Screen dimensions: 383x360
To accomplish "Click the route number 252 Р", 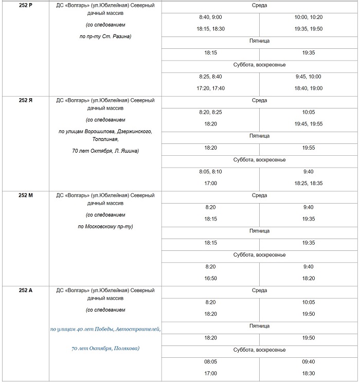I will point(26,5).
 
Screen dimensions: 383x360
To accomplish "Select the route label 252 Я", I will point(26,100).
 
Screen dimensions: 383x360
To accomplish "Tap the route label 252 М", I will point(26,195).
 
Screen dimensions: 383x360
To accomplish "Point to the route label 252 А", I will point(26,290).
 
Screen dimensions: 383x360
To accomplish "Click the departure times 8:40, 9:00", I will point(210,17).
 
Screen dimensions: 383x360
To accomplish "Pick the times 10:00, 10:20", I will point(309,17).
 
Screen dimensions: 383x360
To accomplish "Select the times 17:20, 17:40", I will point(210,88).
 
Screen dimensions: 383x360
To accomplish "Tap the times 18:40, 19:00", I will point(309,88).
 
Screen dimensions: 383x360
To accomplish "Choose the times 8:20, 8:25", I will point(210,112).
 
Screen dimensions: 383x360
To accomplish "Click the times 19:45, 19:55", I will point(309,124).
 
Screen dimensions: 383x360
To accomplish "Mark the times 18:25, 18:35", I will point(309,183).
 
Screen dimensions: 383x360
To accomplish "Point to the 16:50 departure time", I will point(210,278).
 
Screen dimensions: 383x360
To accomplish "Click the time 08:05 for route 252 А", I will point(210,361).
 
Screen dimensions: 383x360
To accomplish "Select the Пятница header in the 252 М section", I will point(259,231).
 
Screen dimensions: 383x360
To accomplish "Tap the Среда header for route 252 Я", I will point(259,100).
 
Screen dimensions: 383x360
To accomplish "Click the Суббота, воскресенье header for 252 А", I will point(259,350).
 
